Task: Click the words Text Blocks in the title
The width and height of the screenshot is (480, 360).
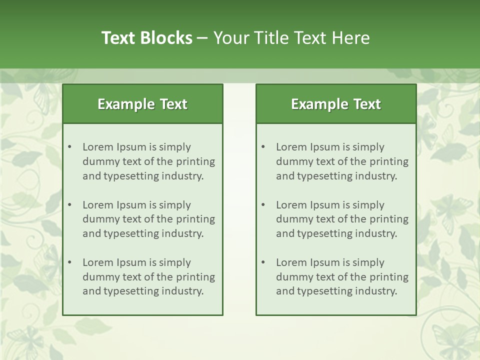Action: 146,38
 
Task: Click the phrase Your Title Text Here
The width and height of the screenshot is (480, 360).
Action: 291,38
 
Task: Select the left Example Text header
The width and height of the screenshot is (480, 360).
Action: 142,104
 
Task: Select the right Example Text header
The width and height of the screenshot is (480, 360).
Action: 336,104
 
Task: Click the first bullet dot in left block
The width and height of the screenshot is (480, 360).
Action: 69,147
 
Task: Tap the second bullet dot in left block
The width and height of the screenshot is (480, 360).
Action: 69,205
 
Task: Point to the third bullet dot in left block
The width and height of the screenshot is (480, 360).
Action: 69,262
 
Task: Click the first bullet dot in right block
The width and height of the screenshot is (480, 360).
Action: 263,147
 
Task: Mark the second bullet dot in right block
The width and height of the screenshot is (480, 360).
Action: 263,205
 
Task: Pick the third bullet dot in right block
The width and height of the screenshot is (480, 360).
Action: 263,262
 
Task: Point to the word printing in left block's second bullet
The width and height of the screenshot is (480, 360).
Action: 195,219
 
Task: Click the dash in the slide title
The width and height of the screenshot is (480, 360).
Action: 202,38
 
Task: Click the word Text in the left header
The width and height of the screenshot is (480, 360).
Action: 173,104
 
